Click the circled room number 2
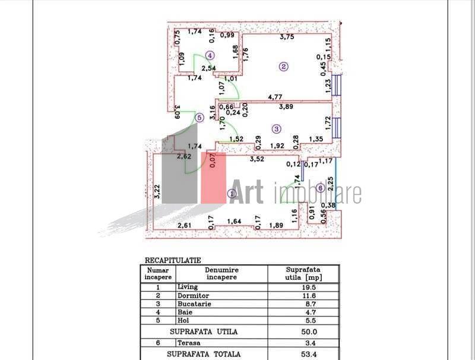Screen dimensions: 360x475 (x=284, y=67)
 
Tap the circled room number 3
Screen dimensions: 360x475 (x=276, y=128)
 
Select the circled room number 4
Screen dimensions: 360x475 (x=209, y=55)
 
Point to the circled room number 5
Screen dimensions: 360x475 (x=199, y=118)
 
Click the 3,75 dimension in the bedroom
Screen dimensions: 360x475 (x=288, y=37)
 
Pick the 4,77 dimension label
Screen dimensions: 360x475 (x=275, y=97)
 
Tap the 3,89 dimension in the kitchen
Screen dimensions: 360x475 (x=288, y=107)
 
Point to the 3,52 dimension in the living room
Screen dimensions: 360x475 (x=256, y=159)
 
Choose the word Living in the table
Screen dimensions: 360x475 (x=188, y=286)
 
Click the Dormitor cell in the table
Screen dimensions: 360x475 (x=191, y=295)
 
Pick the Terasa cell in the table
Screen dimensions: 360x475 (x=189, y=343)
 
